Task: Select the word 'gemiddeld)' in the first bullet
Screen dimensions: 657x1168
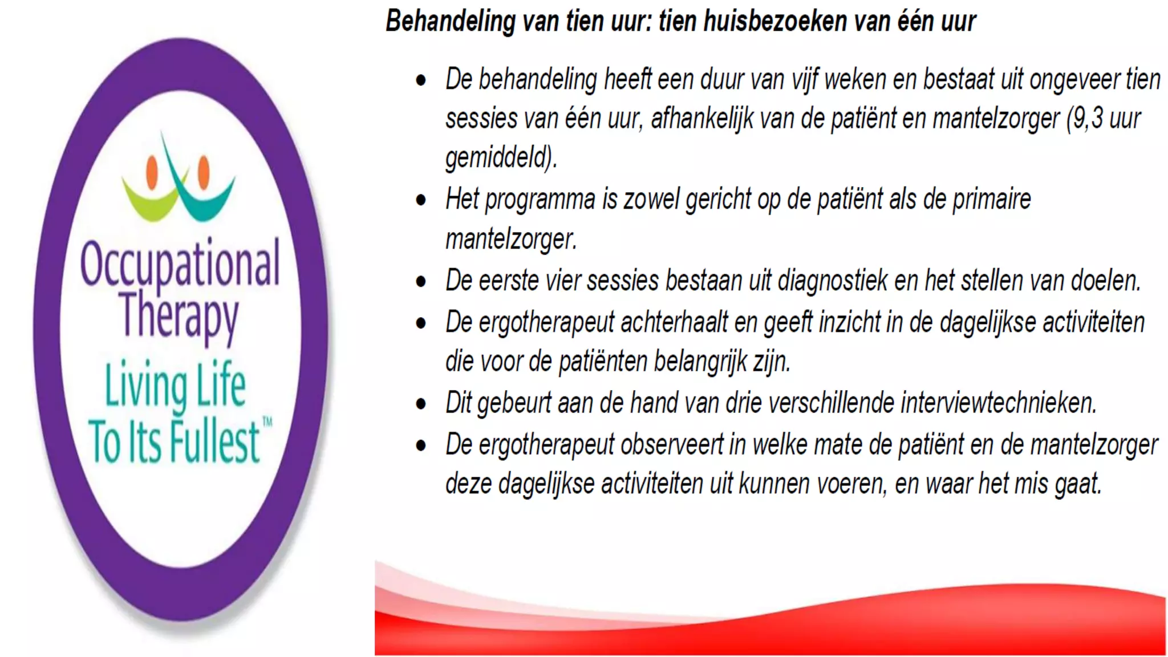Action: click(x=501, y=157)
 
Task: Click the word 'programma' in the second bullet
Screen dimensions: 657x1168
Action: click(x=540, y=200)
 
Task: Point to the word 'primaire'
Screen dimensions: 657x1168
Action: click(x=992, y=200)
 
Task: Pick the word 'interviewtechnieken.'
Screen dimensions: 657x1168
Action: click(x=999, y=403)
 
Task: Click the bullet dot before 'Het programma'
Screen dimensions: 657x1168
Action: click(x=421, y=200)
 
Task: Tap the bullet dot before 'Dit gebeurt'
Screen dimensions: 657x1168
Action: click(x=421, y=404)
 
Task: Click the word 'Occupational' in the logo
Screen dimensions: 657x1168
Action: click(x=180, y=263)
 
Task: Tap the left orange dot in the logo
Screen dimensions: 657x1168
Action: click(x=152, y=172)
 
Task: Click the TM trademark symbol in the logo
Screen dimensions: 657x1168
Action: click(x=267, y=422)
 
